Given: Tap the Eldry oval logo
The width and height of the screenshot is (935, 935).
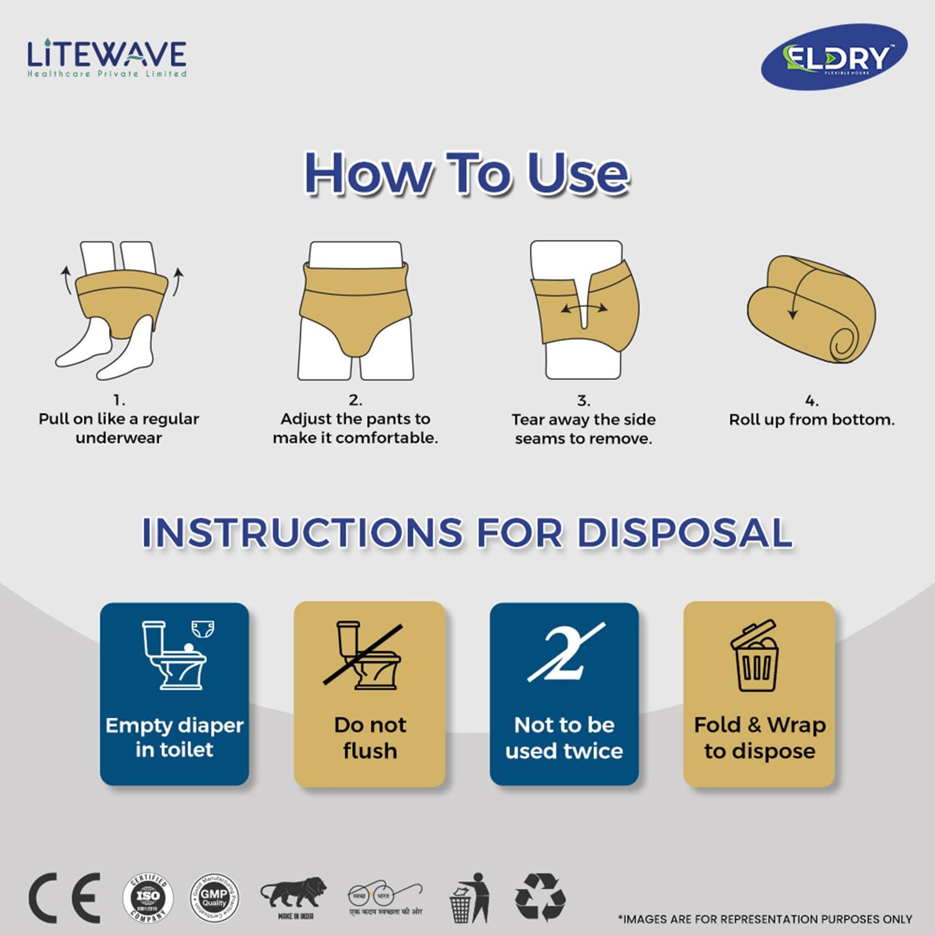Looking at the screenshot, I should click(834, 57).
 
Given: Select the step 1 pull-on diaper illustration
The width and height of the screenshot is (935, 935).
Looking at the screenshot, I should click(119, 310).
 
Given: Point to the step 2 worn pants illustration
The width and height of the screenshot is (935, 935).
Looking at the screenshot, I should click(355, 310).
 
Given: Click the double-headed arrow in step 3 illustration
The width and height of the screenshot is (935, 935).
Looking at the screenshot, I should click(583, 308).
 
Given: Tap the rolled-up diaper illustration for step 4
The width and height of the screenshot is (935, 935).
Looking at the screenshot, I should click(812, 309).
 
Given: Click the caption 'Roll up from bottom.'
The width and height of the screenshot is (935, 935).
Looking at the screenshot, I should click(812, 420).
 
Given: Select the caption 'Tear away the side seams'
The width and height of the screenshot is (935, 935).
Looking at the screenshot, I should click(583, 429).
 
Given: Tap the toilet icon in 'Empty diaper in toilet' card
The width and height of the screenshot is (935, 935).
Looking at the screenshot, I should click(173, 655).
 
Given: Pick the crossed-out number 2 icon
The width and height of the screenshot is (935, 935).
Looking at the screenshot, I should click(565, 652).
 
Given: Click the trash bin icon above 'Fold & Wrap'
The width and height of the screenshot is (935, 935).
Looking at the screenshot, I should click(755, 656).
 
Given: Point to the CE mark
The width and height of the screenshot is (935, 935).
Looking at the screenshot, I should click(64, 898).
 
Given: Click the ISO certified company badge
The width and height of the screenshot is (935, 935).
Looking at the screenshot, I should click(148, 898).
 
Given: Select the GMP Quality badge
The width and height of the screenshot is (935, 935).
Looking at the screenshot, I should click(214, 898).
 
